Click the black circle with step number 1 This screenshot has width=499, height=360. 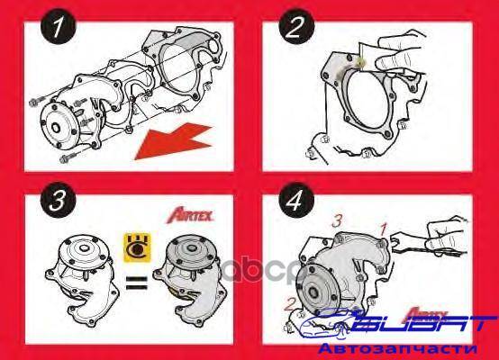click(59, 26)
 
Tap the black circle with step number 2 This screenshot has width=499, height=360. click(296, 26)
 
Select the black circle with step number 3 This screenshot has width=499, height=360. click(59, 200)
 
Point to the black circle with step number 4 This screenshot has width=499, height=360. click(296, 200)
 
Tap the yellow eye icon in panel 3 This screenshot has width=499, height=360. click(137, 248)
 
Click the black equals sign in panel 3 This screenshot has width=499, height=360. click(137, 283)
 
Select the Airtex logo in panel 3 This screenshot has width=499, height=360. click(190, 216)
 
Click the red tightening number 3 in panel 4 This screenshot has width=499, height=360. click(337, 220)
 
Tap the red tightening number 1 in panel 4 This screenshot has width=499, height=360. click(384, 229)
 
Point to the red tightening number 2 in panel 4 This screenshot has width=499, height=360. click(290, 304)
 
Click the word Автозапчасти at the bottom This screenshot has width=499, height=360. click(397, 349)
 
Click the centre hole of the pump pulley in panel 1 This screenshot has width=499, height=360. click(57, 128)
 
